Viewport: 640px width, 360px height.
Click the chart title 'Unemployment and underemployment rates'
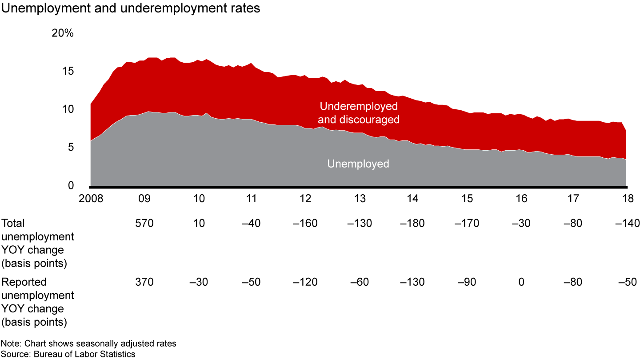131,9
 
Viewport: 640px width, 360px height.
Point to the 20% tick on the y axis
63,33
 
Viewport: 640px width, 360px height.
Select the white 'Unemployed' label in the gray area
358,164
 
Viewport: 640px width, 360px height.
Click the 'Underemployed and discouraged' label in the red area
358,113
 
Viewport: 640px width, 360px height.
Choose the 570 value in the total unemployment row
144,223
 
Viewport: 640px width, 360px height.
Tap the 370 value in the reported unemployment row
144,282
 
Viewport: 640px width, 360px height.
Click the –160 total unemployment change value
305,223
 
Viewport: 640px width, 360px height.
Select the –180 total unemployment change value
412,223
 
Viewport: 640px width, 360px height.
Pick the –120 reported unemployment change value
305,282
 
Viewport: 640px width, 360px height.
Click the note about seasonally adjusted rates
89,344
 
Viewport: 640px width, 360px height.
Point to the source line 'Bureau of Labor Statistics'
68,354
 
